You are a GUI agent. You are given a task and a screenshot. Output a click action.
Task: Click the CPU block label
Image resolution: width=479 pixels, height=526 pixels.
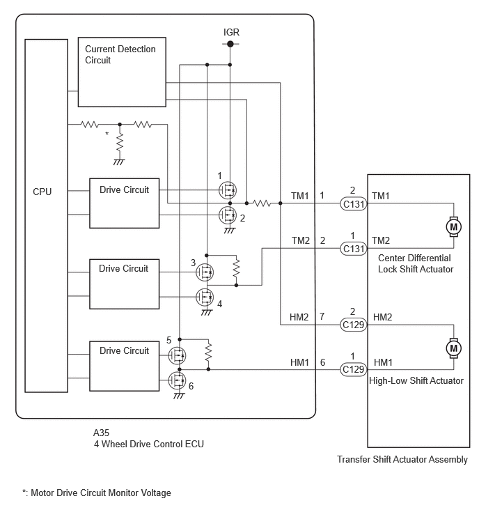click(x=42, y=191)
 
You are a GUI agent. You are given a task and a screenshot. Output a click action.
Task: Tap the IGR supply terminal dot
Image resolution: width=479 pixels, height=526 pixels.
click(x=230, y=44)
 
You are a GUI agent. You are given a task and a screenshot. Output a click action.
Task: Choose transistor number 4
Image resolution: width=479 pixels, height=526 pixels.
click(x=205, y=297)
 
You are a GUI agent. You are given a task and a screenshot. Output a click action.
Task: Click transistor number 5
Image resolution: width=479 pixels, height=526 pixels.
click(x=178, y=355)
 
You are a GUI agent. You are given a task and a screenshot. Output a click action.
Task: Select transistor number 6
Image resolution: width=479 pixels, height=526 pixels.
click(x=178, y=380)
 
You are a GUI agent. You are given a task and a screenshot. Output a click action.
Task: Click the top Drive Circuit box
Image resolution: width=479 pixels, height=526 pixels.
click(x=124, y=203)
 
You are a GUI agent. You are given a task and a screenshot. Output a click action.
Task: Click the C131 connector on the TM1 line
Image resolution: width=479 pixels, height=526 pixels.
click(x=353, y=203)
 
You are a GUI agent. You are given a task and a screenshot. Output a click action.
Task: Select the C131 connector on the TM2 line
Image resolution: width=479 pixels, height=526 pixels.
click(x=353, y=247)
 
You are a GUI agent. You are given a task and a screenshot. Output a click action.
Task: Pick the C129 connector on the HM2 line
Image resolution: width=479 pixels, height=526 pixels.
click(x=353, y=324)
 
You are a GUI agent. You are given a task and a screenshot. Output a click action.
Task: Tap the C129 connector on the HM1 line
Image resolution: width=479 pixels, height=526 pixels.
click(x=353, y=369)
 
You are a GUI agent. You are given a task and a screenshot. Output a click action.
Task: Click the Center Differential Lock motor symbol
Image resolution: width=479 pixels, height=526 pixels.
click(x=453, y=226)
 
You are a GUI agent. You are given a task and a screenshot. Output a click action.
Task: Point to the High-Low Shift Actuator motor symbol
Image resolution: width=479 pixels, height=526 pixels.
click(x=453, y=346)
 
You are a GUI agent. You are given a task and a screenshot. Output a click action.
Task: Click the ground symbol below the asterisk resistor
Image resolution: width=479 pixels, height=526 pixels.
click(x=119, y=161)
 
